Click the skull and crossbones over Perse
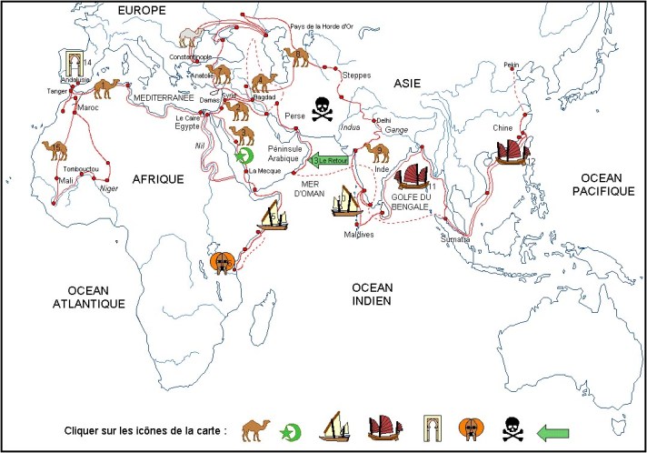pos(323,110)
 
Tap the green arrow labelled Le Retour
pos(331,160)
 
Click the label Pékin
pos(512,65)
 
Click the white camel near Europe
pos(190,36)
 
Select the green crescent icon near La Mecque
pos(242,156)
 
